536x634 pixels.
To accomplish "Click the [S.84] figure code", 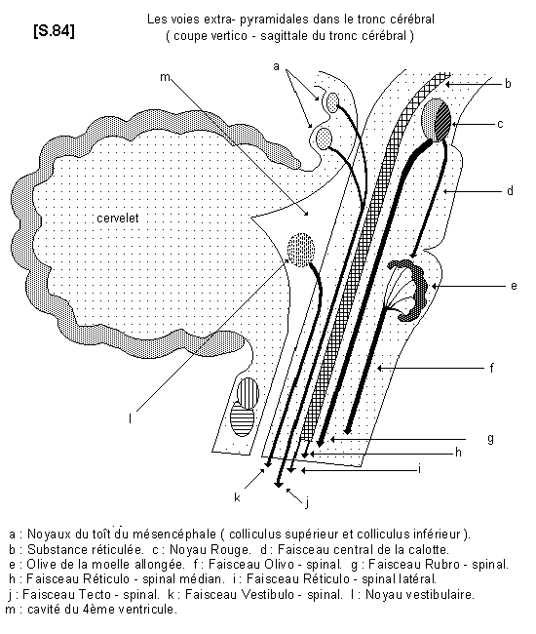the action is click(55, 31).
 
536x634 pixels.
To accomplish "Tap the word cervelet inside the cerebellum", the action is click(118, 218).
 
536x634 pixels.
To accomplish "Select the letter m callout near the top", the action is click(165, 76).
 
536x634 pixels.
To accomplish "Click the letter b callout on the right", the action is click(508, 83).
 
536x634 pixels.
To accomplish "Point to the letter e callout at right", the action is click(514, 286).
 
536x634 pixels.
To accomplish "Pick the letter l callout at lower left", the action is click(130, 418).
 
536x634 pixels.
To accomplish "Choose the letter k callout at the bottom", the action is click(237, 497).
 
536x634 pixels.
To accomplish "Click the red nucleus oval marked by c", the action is click(436, 120).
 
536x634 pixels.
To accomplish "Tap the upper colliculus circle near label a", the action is click(333, 100).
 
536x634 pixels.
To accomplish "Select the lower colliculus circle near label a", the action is click(324, 138).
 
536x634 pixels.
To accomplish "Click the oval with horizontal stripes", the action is click(242, 418).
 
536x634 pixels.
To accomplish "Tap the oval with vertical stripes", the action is click(248, 392).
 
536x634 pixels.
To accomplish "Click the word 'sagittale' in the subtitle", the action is click(284, 36).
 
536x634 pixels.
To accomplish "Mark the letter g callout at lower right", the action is click(490, 438).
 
